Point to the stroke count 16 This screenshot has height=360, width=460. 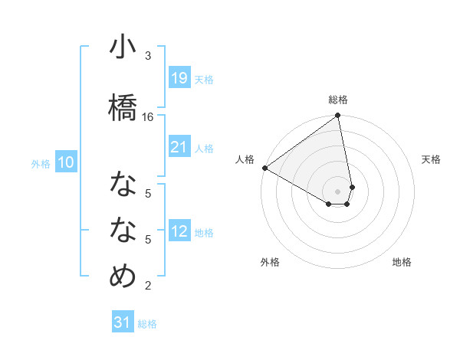[148, 116]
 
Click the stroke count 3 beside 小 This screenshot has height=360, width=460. [148, 56]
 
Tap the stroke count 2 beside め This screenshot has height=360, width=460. [148, 286]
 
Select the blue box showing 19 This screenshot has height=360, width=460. [179, 77]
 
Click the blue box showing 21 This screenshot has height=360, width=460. [179, 147]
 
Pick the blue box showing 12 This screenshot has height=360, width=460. [179, 231]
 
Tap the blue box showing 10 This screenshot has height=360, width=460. [65, 162]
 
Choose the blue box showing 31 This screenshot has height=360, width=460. [123, 322]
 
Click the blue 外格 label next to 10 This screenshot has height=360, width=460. [41, 163]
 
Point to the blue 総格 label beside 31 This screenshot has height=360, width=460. [147, 324]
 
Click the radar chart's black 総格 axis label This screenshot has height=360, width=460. [338, 100]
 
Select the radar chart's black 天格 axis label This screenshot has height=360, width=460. [432, 159]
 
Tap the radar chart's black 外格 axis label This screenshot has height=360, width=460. [270, 262]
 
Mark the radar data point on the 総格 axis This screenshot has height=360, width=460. [338, 116]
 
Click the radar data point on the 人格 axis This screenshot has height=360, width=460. [264, 168]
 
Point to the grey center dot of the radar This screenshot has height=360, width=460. [338, 191]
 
